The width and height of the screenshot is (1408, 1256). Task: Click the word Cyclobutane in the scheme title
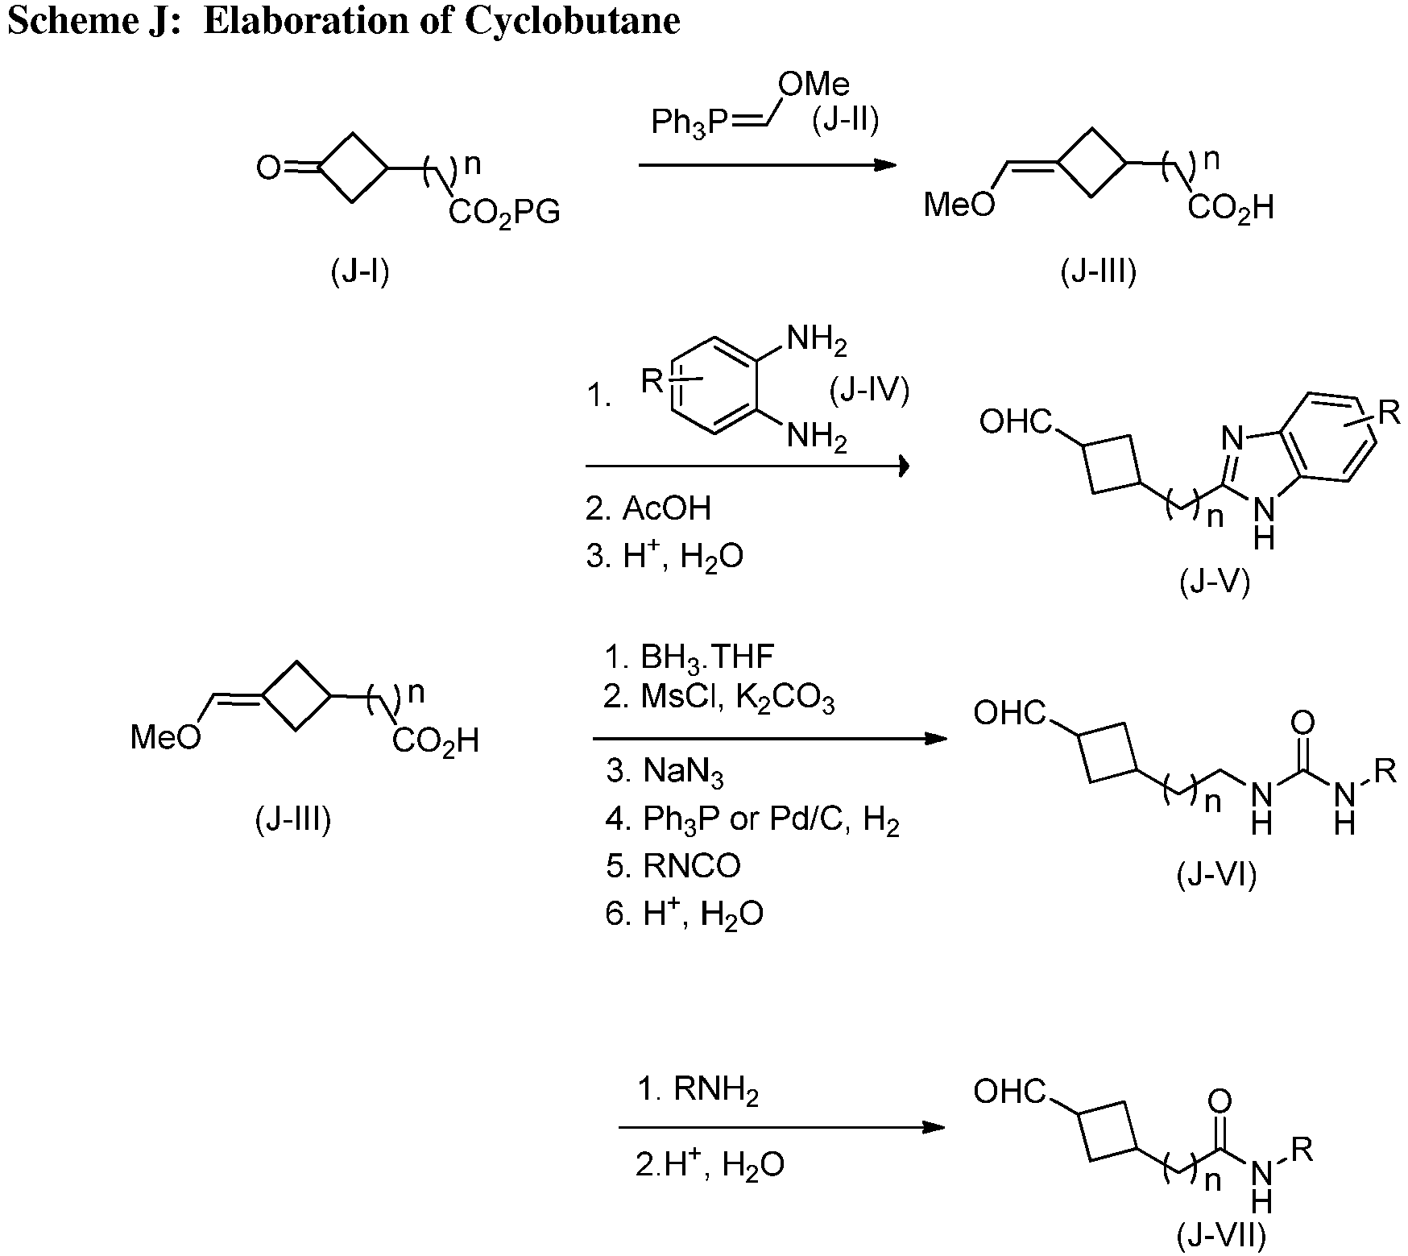point(573,20)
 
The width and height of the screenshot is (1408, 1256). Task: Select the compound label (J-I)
point(360,272)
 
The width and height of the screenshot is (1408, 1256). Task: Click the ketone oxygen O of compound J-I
point(267,168)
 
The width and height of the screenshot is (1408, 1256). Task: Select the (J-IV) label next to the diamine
point(869,390)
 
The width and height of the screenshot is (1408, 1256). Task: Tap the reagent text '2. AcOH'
point(648,508)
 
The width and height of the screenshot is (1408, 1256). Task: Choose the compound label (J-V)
point(1215,582)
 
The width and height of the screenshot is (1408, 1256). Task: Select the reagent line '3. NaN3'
point(665,771)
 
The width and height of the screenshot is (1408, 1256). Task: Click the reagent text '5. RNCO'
point(673,865)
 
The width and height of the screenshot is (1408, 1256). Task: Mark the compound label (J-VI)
point(1216,874)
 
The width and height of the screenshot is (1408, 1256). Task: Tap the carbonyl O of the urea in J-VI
point(1302,723)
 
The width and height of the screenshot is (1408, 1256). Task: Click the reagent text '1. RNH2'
point(698,1091)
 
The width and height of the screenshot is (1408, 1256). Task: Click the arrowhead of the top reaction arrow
point(886,165)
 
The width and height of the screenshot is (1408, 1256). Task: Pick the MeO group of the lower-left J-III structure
point(166,737)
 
